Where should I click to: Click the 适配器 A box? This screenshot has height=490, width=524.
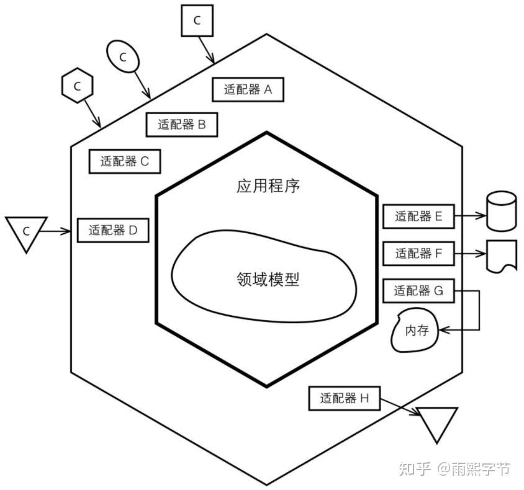coord(248,89)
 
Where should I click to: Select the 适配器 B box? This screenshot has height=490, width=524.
coord(182,124)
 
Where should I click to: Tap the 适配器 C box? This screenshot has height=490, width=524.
coord(125,161)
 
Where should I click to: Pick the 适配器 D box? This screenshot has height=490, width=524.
coord(112,230)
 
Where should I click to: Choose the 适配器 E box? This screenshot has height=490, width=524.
coord(418,216)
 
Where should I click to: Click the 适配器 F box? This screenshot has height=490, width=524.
coord(418,253)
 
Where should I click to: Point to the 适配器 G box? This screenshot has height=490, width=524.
coord(418,290)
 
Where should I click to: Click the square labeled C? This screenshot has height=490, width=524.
coord(197,20)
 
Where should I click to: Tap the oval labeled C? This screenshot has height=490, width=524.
coord(122,58)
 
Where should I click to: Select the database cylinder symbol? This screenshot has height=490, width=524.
coord(500,212)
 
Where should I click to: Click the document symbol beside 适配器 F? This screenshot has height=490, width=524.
coord(502,255)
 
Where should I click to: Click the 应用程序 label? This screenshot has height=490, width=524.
coord(268,185)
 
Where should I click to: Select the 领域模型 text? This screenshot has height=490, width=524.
coord(268,280)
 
